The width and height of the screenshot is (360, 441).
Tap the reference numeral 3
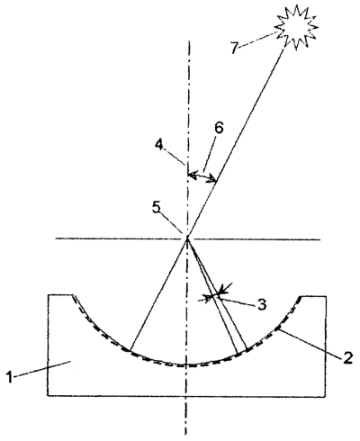click(261, 304)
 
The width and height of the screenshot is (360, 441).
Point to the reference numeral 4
click(158, 145)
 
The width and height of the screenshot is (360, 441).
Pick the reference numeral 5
click(157, 208)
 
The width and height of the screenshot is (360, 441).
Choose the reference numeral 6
click(219, 128)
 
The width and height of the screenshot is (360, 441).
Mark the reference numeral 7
click(235, 48)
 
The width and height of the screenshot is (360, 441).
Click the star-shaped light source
click(296, 26)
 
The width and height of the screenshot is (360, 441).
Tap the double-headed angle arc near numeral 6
click(202, 176)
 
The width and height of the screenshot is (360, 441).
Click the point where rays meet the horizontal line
click(187, 238)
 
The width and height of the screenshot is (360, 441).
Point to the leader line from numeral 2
click(310, 343)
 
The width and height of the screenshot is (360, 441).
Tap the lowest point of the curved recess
click(186, 365)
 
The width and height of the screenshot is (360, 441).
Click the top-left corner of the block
click(48, 295)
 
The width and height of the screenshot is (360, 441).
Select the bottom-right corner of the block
click(326, 396)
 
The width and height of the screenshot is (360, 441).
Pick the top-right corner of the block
click(326, 296)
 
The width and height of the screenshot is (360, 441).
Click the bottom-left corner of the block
click(48, 396)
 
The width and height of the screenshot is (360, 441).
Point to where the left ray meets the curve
click(130, 350)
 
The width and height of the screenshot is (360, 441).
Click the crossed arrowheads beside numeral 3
click(215, 295)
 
